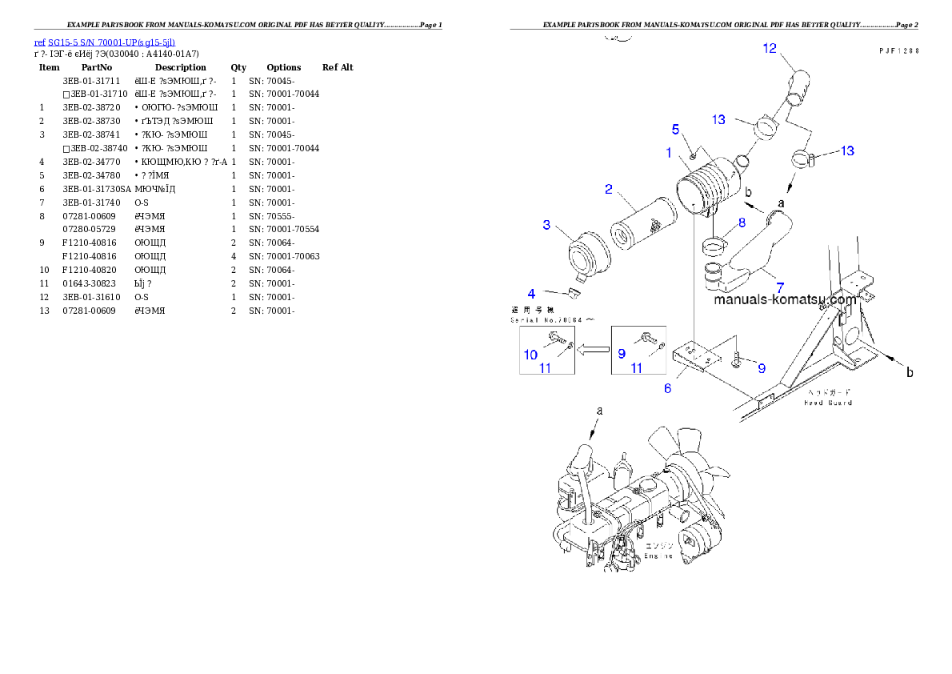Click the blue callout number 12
[x=769, y=49]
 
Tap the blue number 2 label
[x=609, y=190]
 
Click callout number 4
[x=675, y=129]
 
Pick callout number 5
[x=666, y=388]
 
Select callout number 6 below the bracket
[x=779, y=287]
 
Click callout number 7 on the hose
[x=742, y=223]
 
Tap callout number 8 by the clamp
[x=530, y=355]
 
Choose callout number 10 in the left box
[x=784, y=300]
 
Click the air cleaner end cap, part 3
[x=104, y=42]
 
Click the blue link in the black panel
[x=894, y=50]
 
